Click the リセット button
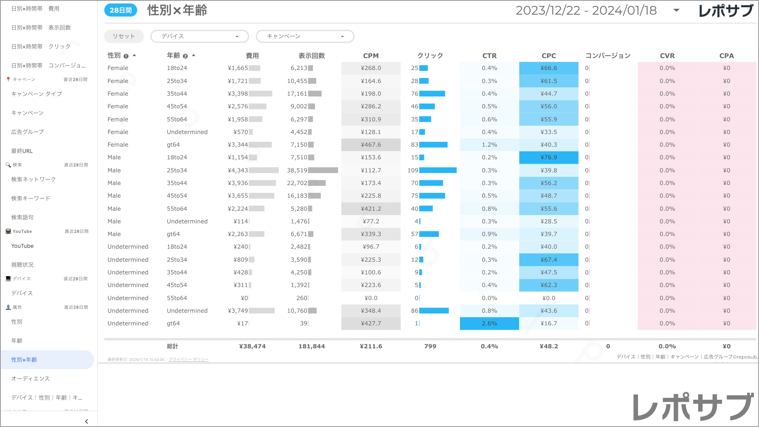(124, 36)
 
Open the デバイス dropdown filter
(200, 36)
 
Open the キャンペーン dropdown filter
(305, 36)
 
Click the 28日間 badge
(121, 10)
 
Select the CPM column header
(371, 56)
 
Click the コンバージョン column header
(608, 56)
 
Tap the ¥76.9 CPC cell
(549, 157)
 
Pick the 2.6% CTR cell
(489, 323)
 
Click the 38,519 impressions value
(297, 170)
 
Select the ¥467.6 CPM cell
(371, 145)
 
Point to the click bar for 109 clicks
(438, 170)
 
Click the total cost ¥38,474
(252, 346)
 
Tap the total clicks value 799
(430, 346)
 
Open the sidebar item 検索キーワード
(31, 198)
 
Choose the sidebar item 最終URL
(22, 151)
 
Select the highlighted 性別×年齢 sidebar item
(24, 360)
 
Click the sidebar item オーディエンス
(30, 379)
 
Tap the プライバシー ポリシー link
(189, 360)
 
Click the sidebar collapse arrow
(87, 421)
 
